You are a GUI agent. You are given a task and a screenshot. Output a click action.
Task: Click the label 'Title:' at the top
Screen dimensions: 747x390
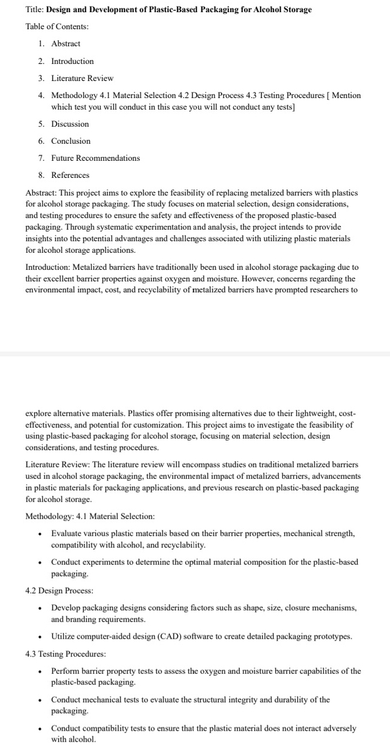(35, 10)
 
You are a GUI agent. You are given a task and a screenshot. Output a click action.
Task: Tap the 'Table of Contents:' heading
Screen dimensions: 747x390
(57, 27)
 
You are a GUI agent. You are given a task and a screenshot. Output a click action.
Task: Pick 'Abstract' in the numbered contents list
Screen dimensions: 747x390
(65, 44)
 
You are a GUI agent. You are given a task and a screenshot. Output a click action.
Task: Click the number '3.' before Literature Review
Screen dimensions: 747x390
(40, 79)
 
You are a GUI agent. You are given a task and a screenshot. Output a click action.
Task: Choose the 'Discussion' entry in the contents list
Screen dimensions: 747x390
(70, 124)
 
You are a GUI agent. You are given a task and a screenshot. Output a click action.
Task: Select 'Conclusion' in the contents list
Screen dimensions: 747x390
(70, 141)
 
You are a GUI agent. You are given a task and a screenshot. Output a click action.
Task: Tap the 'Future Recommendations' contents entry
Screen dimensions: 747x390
(95, 158)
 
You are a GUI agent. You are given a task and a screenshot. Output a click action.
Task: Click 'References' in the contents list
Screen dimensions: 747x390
(70, 175)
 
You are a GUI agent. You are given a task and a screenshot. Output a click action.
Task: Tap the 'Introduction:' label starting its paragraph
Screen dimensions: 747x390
(46, 267)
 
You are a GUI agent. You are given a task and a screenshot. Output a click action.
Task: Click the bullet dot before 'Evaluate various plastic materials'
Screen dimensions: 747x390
(40, 534)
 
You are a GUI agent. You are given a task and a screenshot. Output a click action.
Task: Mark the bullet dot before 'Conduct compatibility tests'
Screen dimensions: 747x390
(40, 729)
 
